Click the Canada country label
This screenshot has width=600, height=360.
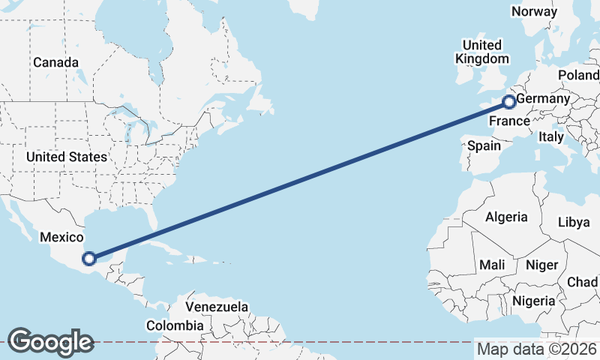click(55, 62)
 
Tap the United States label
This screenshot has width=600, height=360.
click(66, 157)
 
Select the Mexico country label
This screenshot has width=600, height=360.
click(61, 237)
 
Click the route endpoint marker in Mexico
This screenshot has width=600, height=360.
click(89, 259)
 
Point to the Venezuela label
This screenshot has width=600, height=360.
click(217, 307)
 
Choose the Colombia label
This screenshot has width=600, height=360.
click(175, 325)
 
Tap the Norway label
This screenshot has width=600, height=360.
click(534, 11)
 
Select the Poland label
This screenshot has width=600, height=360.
click(578, 76)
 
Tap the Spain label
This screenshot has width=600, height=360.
click(484, 146)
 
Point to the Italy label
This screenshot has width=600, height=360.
click(550, 137)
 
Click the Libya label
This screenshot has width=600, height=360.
click(574, 223)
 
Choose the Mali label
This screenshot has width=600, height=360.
click(492, 265)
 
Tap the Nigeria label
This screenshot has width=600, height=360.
click(535, 301)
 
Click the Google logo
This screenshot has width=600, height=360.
click(50, 341)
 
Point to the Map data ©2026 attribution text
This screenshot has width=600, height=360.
click(537, 349)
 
